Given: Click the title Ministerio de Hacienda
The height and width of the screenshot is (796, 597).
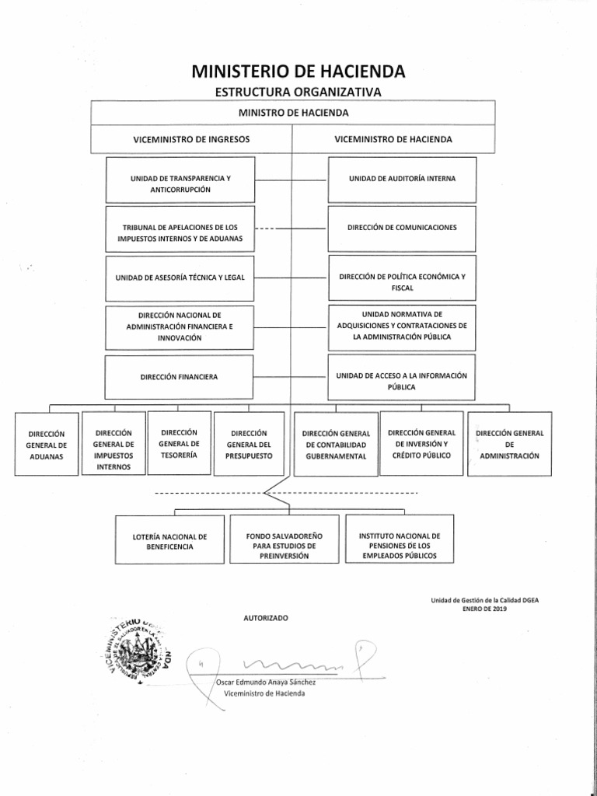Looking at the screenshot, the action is click(298, 73).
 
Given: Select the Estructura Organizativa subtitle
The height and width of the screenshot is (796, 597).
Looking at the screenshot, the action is click(298, 93).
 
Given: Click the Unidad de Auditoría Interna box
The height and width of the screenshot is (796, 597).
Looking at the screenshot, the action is click(403, 178).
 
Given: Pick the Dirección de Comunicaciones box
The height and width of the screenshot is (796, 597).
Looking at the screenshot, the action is click(403, 227).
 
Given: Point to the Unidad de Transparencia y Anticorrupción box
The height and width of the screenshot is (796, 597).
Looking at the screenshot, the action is click(180, 183).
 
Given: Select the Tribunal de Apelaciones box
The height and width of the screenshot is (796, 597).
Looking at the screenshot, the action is click(180, 232).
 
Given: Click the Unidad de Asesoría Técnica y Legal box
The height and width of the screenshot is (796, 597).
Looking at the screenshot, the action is click(180, 277).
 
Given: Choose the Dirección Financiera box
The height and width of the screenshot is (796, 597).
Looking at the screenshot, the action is click(180, 376).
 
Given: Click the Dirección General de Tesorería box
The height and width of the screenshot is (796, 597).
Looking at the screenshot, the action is click(178, 442).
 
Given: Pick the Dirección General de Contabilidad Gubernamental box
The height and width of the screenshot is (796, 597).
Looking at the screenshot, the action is click(336, 444).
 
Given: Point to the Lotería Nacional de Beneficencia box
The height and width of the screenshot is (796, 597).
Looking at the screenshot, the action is click(169, 541).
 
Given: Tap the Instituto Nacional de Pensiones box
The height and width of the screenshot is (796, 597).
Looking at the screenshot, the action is click(400, 546).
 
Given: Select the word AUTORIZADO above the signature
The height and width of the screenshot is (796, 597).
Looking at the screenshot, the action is click(265, 617).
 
